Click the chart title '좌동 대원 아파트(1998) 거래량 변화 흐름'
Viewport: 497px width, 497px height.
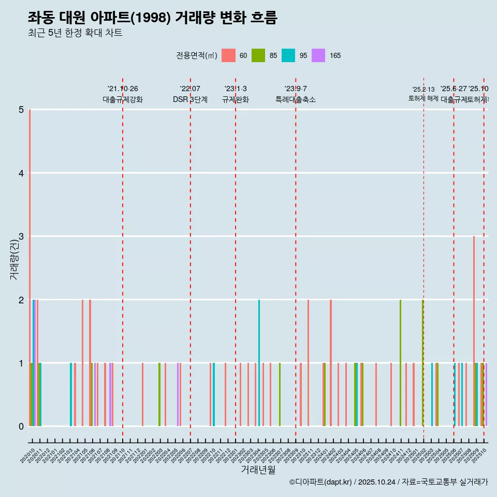coord(153,18)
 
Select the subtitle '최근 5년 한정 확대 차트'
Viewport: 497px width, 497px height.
coord(75,33)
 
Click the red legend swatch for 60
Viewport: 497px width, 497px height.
coord(228,55)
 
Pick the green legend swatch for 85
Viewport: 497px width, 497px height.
coord(258,55)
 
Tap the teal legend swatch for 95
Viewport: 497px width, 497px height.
coord(288,55)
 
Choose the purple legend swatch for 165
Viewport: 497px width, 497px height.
coord(318,55)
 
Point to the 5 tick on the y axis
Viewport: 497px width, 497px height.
coord(21,110)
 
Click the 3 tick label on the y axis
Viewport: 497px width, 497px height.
coord(21,237)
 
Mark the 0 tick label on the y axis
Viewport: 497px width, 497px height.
coord(21,427)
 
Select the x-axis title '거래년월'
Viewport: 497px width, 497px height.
coord(258,470)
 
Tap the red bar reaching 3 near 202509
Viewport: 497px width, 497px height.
coord(474,331)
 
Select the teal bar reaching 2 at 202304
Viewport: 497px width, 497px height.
coord(259,363)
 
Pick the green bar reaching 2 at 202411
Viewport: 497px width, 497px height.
coord(400,363)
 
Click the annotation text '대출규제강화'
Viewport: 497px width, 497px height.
coord(123,99)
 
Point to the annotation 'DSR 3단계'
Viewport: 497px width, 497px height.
coord(191,99)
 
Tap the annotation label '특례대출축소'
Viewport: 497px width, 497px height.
coord(296,99)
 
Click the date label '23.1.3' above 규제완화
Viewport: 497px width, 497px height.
coord(236,89)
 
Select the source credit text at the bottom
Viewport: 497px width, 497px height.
coord(388,482)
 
